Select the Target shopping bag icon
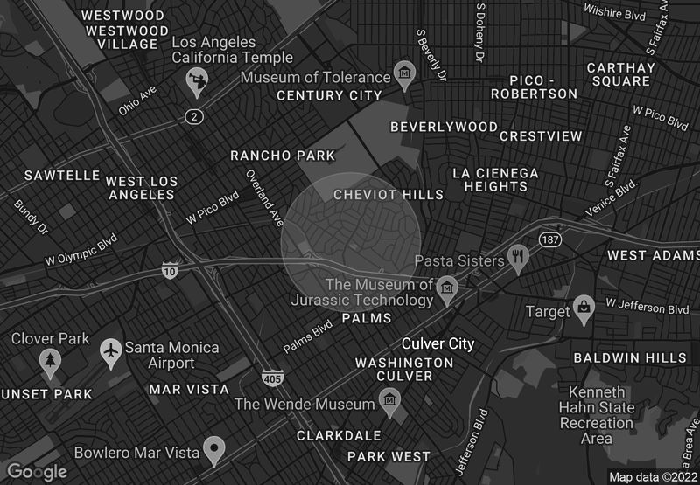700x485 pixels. pyautogui.click(x=584, y=308)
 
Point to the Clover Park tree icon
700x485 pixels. pyautogui.click(x=48, y=358)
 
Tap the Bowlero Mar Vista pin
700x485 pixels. pyautogui.click(x=213, y=450)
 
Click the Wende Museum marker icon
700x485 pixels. pyautogui.click(x=390, y=401)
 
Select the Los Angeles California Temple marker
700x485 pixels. pyautogui.click(x=195, y=82)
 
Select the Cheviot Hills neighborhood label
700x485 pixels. pyautogui.click(x=376, y=195)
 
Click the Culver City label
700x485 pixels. pyautogui.click(x=437, y=344)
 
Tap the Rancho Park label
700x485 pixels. pyautogui.click(x=282, y=156)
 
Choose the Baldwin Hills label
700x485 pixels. pyautogui.click(x=630, y=358)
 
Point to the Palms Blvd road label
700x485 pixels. pyautogui.click(x=307, y=336)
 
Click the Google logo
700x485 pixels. pyautogui.click(x=37, y=472)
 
